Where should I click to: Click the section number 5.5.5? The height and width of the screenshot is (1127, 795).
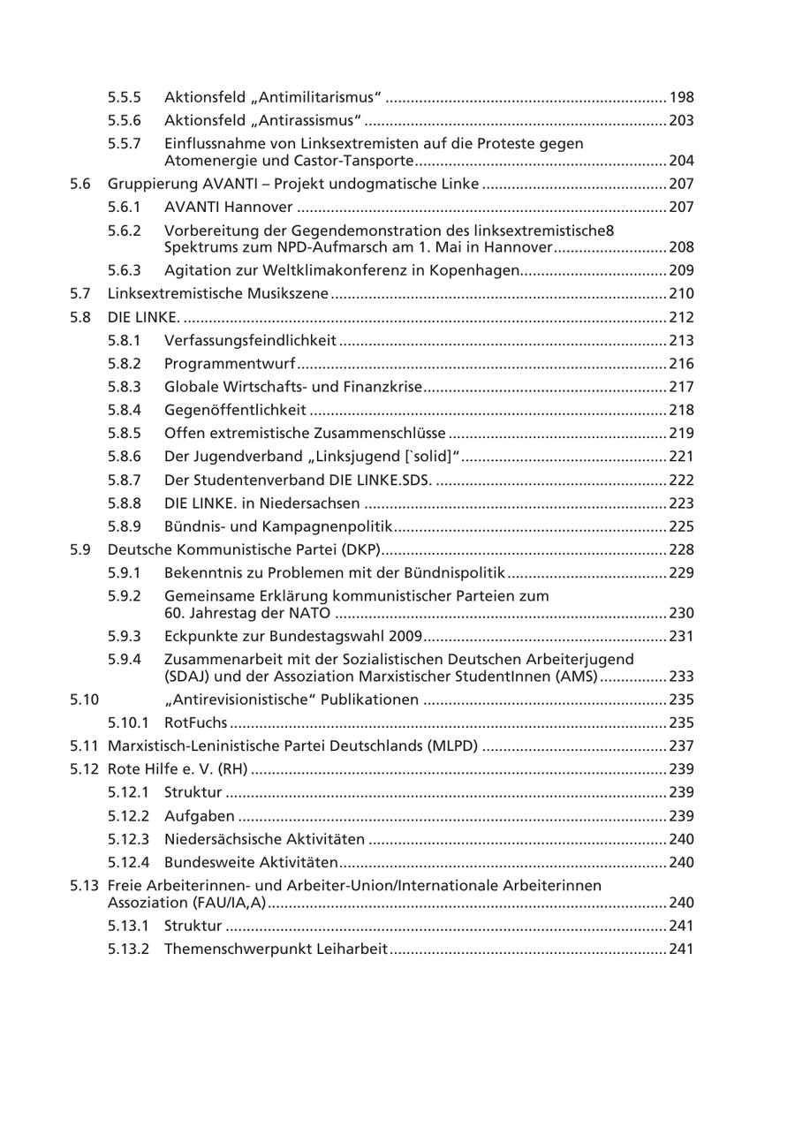point(125,97)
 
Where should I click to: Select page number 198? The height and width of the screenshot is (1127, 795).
point(681,97)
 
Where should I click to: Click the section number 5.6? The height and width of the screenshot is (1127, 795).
point(80,184)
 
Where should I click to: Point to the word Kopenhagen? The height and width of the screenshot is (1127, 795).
point(473,270)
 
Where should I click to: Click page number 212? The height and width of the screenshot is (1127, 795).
point(681,317)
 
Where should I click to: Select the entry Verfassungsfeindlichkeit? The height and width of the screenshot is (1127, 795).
point(250,340)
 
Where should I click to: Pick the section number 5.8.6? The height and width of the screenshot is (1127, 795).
point(125,456)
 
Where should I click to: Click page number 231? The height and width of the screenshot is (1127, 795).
point(681,636)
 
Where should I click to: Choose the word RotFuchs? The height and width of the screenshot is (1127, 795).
point(195,723)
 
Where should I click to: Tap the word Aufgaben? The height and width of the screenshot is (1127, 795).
point(200,816)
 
